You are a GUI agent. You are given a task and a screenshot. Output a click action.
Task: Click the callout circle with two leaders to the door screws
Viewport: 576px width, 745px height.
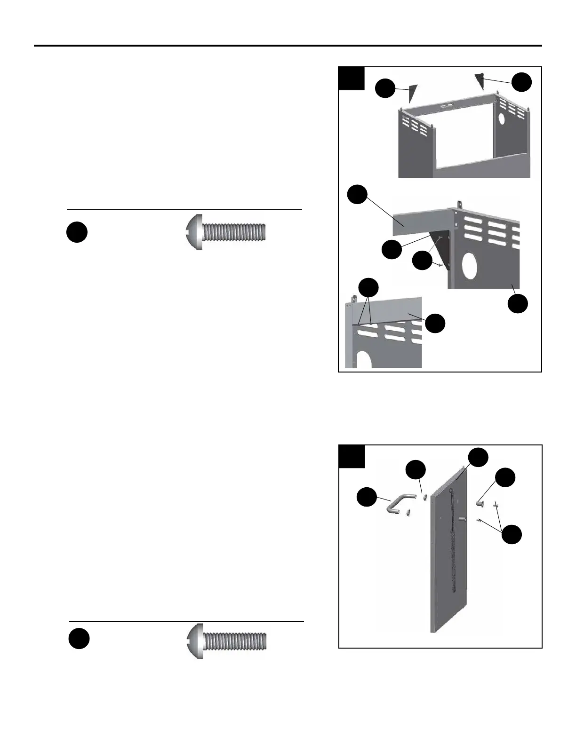click(x=512, y=535)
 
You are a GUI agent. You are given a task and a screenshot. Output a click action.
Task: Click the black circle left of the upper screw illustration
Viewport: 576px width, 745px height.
click(x=77, y=232)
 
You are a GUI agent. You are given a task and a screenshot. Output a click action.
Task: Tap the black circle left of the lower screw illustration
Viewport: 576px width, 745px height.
click(x=79, y=639)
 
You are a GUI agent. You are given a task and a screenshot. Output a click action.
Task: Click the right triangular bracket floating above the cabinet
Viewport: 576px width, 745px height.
click(x=480, y=80)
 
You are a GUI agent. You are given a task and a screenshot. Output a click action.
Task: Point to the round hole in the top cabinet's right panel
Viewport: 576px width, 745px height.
click(x=502, y=119)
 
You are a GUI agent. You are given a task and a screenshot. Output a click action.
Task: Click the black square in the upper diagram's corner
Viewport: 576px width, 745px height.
click(x=352, y=78)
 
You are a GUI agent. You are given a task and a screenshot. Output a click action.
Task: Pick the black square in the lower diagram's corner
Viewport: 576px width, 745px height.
click(x=352, y=456)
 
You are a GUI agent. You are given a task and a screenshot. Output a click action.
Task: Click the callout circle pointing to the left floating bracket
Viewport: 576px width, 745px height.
click(x=385, y=88)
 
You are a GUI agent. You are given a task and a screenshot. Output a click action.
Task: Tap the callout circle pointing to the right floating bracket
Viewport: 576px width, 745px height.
click(x=522, y=82)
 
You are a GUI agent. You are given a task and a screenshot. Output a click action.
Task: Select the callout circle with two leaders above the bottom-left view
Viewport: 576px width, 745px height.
click(x=368, y=288)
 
